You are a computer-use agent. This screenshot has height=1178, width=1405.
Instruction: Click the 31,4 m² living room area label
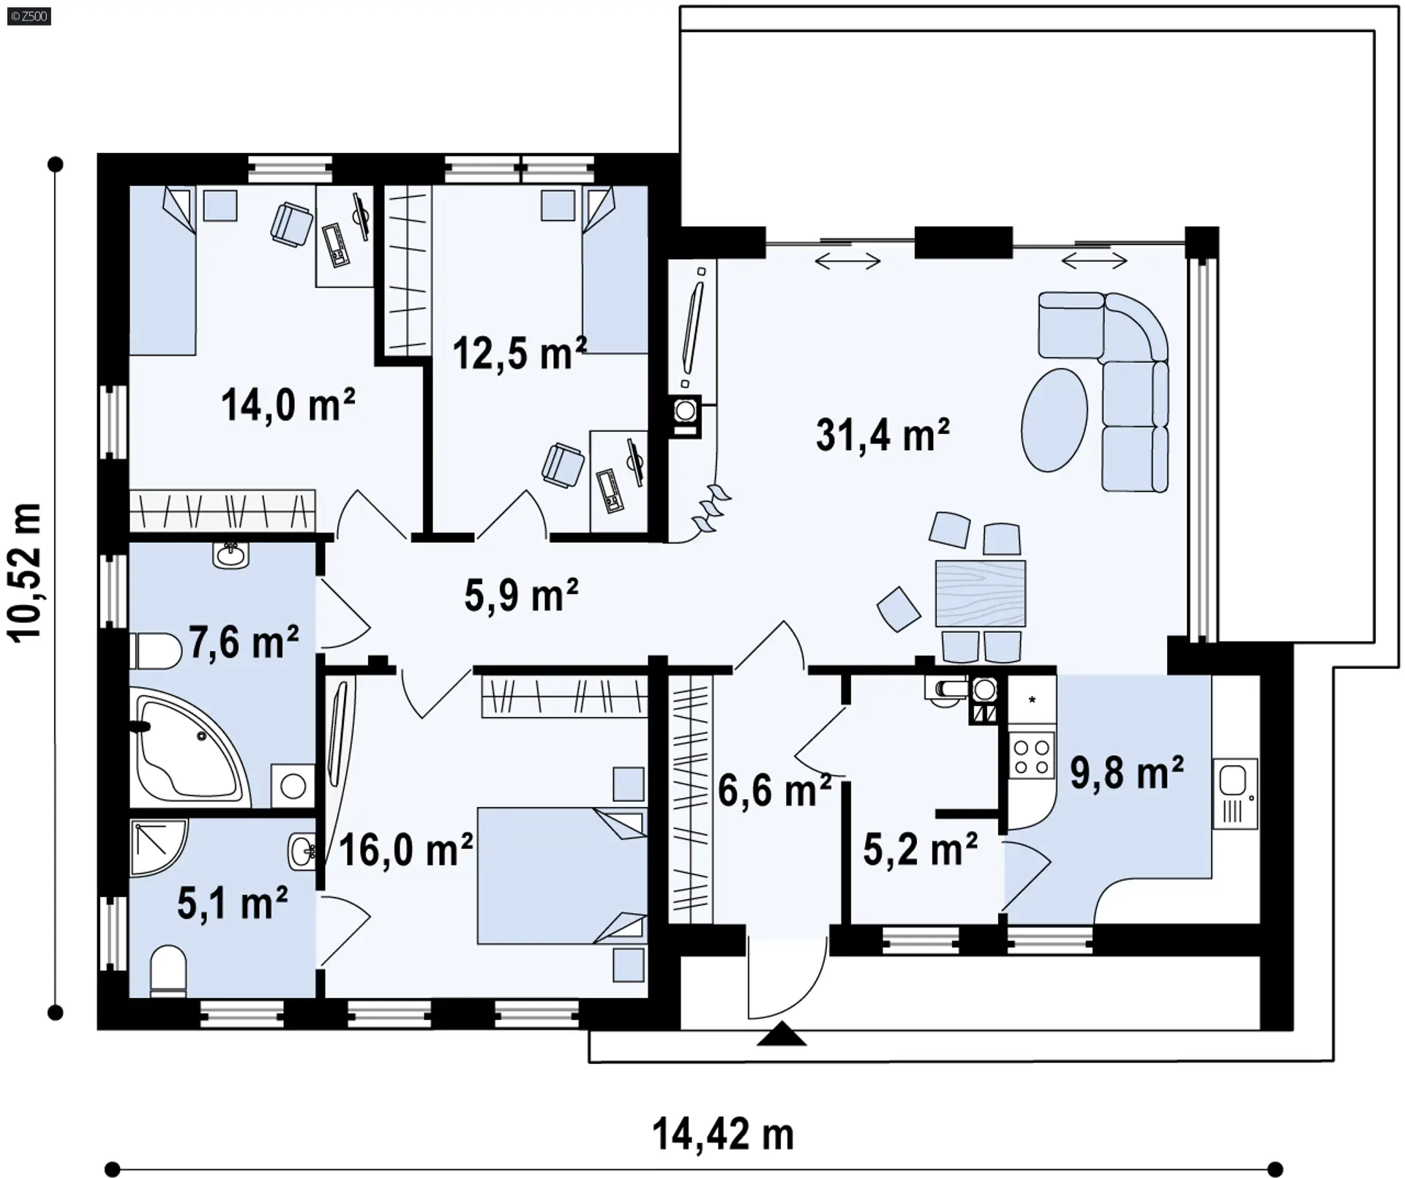click(x=883, y=435)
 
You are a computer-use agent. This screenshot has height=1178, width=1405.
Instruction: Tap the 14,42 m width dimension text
click(x=723, y=1134)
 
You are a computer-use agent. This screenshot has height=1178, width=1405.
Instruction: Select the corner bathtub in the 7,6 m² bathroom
click(x=189, y=749)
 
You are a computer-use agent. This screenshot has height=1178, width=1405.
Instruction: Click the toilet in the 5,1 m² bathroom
click(x=168, y=972)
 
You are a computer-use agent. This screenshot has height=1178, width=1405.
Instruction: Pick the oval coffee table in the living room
click(x=1054, y=420)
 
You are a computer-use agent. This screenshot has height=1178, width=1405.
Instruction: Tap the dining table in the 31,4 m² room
click(x=981, y=593)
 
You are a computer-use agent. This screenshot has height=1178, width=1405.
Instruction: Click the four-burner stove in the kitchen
click(x=1031, y=756)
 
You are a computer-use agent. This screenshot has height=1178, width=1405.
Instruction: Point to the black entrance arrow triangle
click(x=782, y=1034)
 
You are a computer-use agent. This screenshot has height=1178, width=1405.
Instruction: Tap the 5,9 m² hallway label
click(x=521, y=595)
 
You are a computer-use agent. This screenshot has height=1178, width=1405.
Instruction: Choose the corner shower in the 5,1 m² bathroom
click(x=158, y=847)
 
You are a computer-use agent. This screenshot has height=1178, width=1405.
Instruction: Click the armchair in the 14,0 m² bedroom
click(x=291, y=223)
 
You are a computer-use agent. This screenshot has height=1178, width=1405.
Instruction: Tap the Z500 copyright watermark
click(x=29, y=16)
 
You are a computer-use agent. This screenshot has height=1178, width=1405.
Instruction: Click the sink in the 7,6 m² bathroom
click(x=231, y=555)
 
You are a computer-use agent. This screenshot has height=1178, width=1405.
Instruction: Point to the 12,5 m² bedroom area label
click(x=520, y=353)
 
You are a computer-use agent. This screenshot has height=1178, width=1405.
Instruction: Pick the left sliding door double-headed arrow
click(x=847, y=260)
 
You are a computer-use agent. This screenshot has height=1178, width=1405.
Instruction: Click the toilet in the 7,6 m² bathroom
click(x=155, y=651)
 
